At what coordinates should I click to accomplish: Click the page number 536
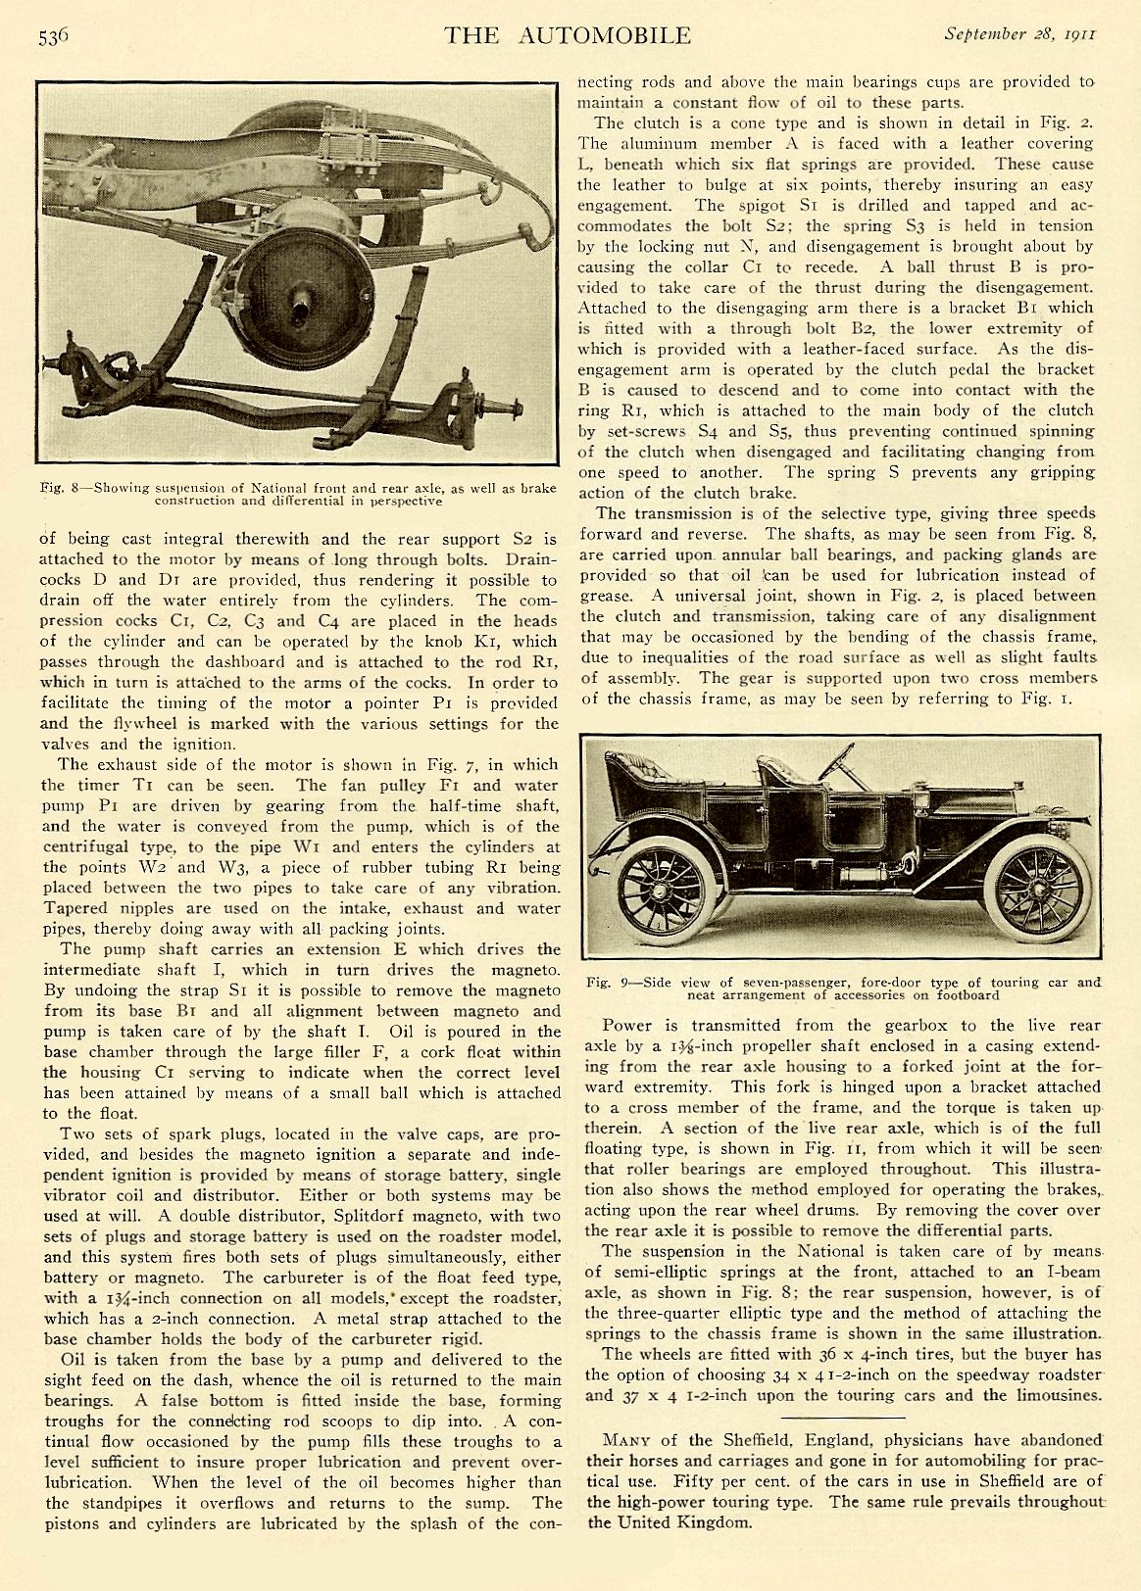tap(53, 37)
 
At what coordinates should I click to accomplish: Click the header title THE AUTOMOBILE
tap(567, 36)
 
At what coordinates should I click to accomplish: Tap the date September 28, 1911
tap(1019, 33)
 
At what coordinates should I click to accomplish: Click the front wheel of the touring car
tap(1037, 887)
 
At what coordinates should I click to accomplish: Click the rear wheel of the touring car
tap(666, 888)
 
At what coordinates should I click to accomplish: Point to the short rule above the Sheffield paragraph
tap(842, 1418)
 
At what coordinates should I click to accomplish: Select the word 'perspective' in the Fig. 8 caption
tap(405, 501)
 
